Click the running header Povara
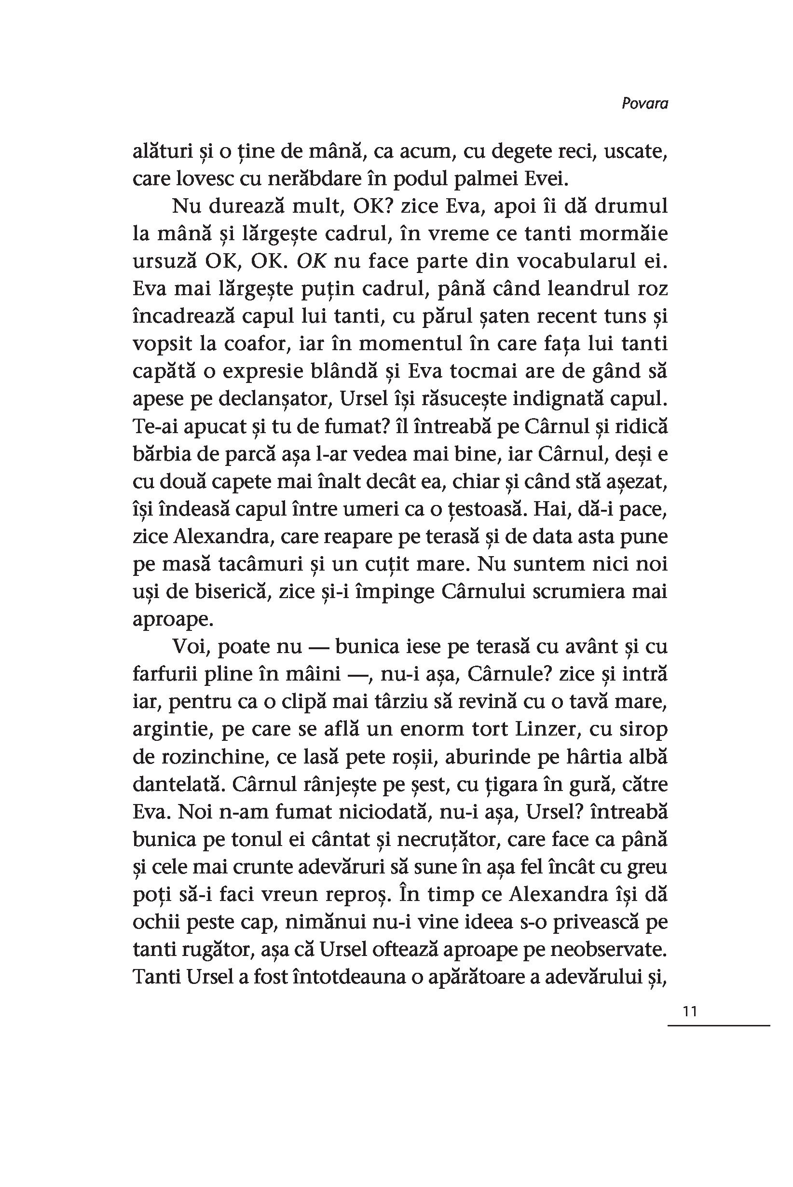[x=644, y=104]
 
